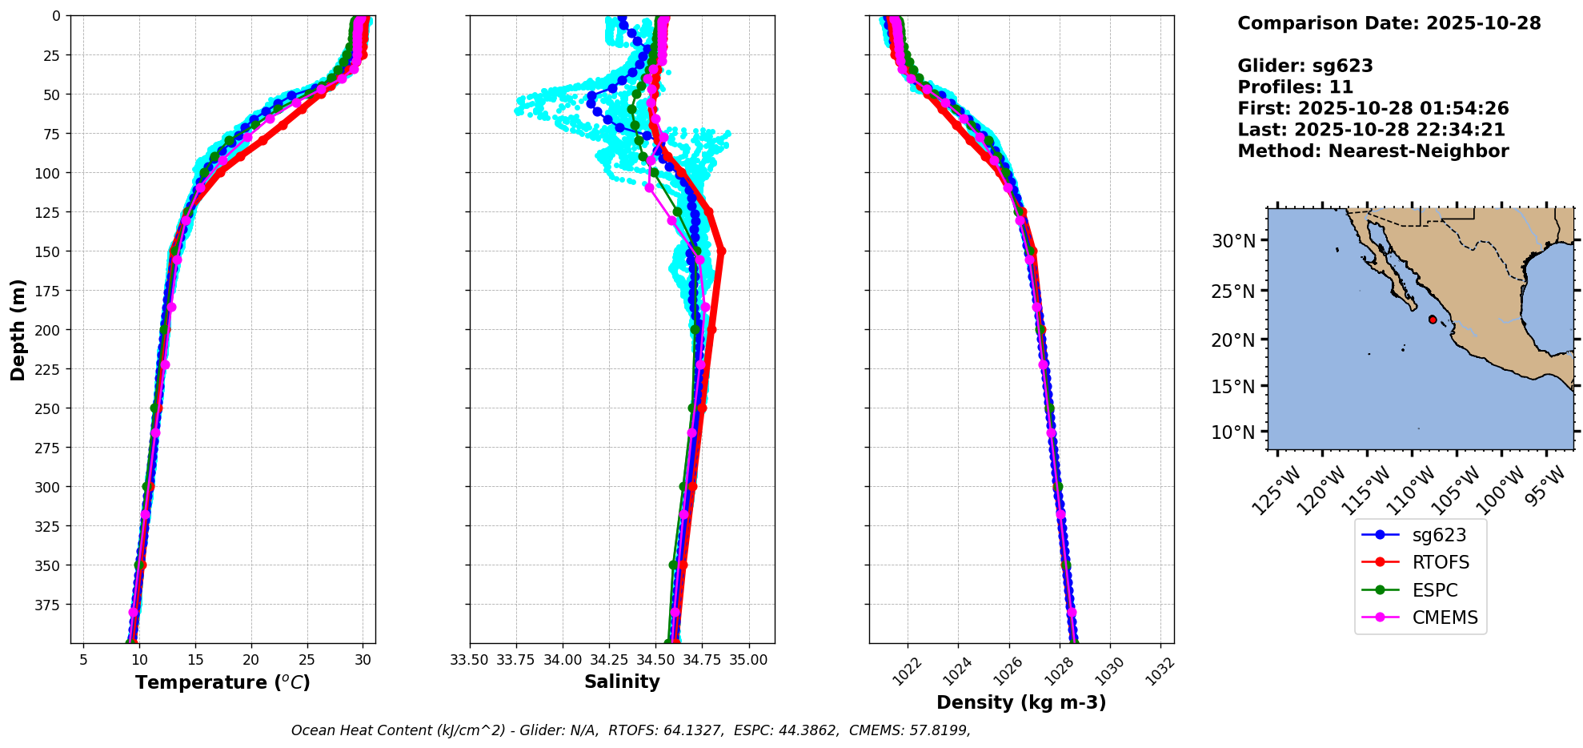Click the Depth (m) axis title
[18, 329]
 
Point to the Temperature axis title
[222, 682]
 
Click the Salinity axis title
[622, 682]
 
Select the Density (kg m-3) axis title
[1021, 702]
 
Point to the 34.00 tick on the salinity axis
[563, 660]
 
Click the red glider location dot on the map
[1433, 320]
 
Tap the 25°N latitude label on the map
[1232, 291]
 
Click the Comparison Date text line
[1389, 23]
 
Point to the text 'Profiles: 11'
[1295, 87]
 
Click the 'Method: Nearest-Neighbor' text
[1373, 151]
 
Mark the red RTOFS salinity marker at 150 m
[721, 251]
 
